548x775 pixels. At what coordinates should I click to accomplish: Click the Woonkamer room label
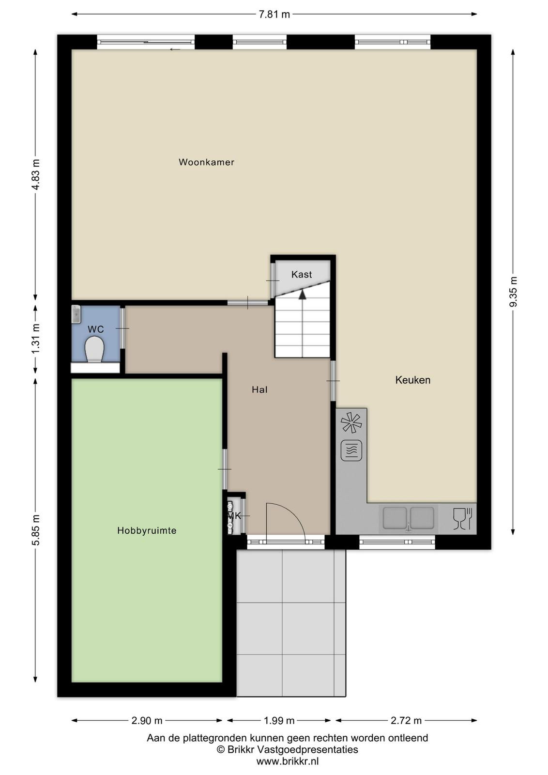[x=206, y=162]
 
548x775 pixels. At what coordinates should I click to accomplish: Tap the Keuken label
[x=413, y=380]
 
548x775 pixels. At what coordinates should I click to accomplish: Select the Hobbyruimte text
[x=147, y=530]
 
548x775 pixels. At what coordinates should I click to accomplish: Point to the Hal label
[x=259, y=389]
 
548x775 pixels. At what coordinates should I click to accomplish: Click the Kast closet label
[x=302, y=274]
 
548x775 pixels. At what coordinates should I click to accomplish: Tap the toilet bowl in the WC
[x=94, y=350]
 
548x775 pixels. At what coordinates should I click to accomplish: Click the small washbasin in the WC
[x=76, y=314]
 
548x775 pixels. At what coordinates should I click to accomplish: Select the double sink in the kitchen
[x=408, y=518]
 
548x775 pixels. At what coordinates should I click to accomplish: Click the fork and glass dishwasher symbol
[x=463, y=519]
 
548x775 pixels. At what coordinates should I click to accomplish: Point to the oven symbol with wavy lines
[x=351, y=450]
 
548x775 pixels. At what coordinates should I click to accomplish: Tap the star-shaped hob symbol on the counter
[x=351, y=422]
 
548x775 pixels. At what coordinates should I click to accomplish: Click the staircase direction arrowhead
[x=303, y=294]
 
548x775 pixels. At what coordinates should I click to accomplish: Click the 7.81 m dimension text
[x=274, y=15]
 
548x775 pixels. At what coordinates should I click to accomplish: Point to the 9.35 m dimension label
[x=514, y=291]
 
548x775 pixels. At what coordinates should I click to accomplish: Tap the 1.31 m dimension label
[x=36, y=339]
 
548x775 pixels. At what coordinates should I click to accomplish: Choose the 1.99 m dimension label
[x=279, y=721]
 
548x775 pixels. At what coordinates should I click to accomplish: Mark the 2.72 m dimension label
[x=406, y=721]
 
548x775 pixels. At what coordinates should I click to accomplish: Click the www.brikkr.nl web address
[x=287, y=761]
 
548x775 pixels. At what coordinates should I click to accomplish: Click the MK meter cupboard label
[x=234, y=516]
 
